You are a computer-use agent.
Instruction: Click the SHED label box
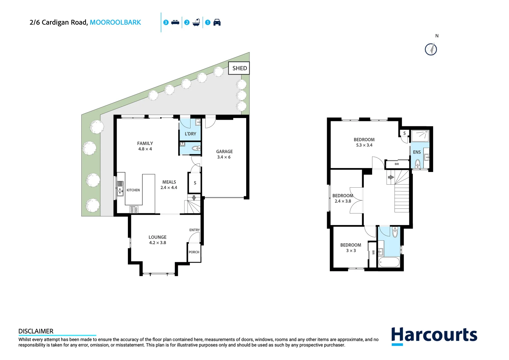(239, 68)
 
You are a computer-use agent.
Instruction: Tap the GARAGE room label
(224, 151)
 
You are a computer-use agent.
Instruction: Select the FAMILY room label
(145, 143)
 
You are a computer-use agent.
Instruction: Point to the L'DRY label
(190, 134)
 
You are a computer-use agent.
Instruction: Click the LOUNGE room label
(157, 237)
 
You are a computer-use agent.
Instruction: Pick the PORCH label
(194, 252)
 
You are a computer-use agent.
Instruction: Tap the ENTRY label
(195, 230)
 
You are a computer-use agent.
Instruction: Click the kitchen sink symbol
(120, 188)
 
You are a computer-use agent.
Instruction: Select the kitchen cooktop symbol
(134, 210)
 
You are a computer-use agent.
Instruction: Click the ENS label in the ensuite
(417, 152)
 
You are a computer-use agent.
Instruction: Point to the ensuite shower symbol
(420, 136)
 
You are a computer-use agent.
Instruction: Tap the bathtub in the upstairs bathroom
(389, 262)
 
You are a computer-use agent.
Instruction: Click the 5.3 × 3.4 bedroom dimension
(364, 145)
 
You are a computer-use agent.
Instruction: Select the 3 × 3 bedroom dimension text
(351, 251)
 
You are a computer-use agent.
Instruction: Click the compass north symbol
(431, 49)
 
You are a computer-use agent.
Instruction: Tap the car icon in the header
(217, 22)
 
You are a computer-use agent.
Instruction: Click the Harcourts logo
(434, 335)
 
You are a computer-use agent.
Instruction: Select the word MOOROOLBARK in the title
(115, 22)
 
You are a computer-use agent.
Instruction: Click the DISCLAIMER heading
(36, 331)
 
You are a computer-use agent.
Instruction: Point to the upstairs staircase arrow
(391, 177)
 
